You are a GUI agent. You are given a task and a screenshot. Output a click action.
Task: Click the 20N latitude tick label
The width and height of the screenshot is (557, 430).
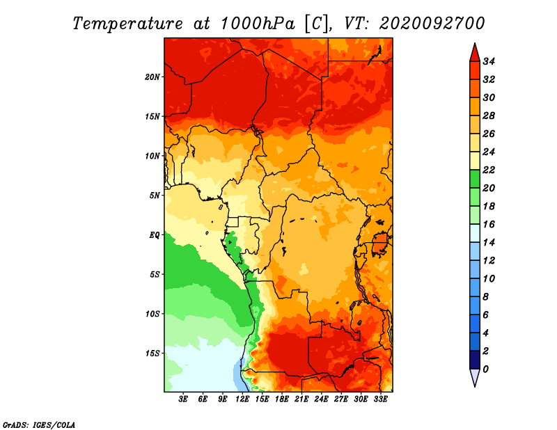coord(152,77)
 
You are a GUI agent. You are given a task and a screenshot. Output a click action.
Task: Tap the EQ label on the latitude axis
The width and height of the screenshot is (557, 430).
coord(154,235)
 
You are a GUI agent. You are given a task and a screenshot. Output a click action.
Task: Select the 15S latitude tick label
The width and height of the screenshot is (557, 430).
coord(152,353)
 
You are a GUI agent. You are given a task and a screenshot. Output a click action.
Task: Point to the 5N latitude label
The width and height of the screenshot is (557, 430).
coord(155,196)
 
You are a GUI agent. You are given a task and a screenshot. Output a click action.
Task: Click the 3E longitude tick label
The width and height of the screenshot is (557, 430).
coord(183,399)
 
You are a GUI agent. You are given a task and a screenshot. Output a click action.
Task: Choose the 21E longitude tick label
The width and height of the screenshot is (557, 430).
coord(301,399)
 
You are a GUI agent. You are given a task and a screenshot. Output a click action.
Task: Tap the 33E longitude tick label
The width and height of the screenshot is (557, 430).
coord(380,399)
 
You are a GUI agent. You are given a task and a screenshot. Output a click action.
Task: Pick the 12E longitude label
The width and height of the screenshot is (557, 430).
coord(242,399)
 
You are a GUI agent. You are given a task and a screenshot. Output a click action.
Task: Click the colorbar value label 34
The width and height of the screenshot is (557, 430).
coord(489,61)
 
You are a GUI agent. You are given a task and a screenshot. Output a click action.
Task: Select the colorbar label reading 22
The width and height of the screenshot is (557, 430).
coord(489,170)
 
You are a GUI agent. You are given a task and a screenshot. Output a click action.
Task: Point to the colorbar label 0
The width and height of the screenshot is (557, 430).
coord(485,369)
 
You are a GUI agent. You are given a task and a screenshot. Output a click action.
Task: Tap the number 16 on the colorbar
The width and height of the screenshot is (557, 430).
coord(489,225)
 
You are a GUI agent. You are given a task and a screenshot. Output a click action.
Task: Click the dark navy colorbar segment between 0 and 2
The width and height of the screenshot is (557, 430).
coord(475,360)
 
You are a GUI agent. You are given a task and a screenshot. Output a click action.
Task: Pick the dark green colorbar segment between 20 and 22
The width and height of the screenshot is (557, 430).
coord(475,179)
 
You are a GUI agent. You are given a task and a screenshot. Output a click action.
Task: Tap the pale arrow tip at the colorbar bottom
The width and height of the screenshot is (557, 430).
coord(475,386)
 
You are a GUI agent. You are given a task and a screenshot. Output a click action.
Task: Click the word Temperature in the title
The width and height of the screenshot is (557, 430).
coord(127,24)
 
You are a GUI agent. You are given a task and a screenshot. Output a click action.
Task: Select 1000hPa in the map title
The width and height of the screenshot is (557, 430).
coord(258,24)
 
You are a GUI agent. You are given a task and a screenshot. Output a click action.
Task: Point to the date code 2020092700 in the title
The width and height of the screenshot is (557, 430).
coord(432,24)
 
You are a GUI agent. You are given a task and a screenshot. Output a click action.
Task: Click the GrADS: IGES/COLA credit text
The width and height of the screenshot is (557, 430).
coord(39,425)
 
